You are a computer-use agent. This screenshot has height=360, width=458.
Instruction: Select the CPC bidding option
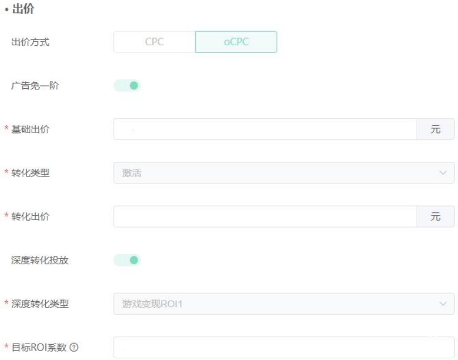pyautogui.click(x=154, y=42)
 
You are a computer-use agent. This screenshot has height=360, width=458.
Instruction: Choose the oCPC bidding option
pyautogui.click(x=236, y=42)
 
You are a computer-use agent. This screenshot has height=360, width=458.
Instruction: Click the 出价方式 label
pyautogui.click(x=30, y=42)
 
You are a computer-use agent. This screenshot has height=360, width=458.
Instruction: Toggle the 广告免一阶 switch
pyautogui.click(x=127, y=85)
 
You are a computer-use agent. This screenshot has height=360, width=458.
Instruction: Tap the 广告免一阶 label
pyautogui.click(x=35, y=85)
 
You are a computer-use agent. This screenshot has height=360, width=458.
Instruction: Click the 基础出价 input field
pyautogui.click(x=265, y=129)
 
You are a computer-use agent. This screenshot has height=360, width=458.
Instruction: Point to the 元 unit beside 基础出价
pyautogui.click(x=435, y=129)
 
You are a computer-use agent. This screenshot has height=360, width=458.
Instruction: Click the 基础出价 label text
pyautogui.click(x=30, y=129)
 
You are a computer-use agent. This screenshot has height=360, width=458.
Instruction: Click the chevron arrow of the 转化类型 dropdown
pyautogui.click(x=443, y=173)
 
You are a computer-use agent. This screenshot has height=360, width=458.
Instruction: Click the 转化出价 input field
pyautogui.click(x=265, y=216)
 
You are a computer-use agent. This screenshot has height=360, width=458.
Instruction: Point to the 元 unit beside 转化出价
pyautogui.click(x=435, y=216)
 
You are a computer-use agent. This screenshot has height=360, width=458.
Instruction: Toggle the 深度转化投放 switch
pyautogui.click(x=127, y=260)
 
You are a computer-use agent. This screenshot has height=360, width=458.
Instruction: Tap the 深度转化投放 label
pyautogui.click(x=40, y=260)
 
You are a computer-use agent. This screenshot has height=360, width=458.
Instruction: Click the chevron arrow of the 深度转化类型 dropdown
pyautogui.click(x=443, y=303)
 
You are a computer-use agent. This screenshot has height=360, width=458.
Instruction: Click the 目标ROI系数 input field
pyautogui.click(x=283, y=347)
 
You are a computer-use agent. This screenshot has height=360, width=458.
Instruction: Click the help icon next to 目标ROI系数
pyautogui.click(x=74, y=348)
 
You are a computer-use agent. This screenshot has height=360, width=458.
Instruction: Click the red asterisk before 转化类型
pyautogui.click(x=7, y=173)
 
